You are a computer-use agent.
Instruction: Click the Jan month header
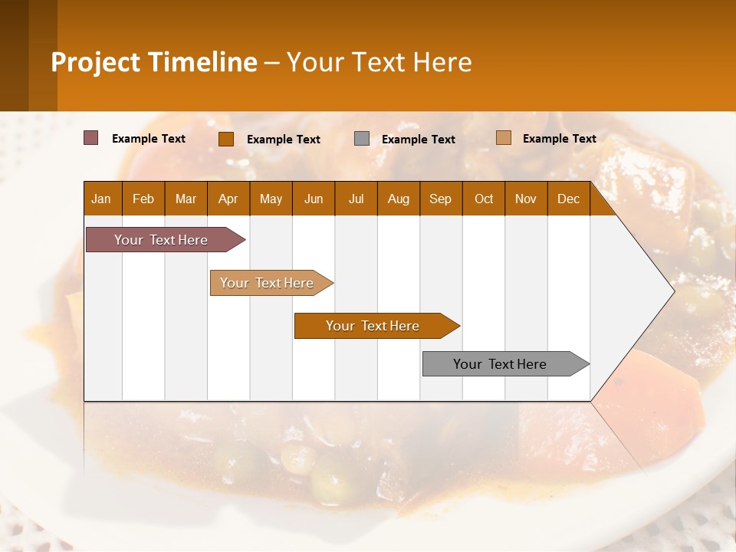[x=101, y=199]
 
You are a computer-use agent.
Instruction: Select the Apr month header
[x=228, y=199]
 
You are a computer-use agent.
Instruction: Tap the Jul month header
[x=356, y=199]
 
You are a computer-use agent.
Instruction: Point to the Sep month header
[x=440, y=199]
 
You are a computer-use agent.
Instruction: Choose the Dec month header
[x=568, y=199]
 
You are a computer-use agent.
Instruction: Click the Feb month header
[x=143, y=199]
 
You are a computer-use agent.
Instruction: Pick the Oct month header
[x=484, y=199]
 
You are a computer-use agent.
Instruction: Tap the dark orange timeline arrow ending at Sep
[x=373, y=326]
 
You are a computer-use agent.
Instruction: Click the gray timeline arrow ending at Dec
[x=501, y=364]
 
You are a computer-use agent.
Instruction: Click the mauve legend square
[x=90, y=138]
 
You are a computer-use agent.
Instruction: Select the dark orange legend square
[x=225, y=139]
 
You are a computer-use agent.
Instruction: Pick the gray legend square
[x=362, y=139]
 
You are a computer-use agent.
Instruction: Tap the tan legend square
[x=503, y=138]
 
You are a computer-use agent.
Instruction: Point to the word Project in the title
[x=96, y=62]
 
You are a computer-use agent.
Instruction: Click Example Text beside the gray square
[x=419, y=139]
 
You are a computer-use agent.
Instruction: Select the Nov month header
[x=526, y=199]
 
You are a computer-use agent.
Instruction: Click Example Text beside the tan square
[x=560, y=138]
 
